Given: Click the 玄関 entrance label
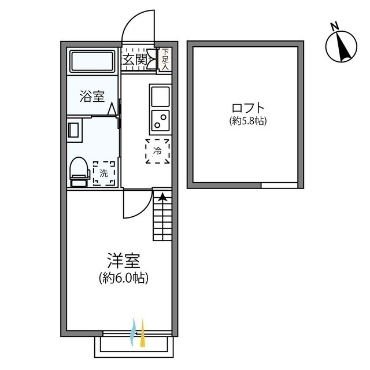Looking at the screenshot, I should click(134, 60).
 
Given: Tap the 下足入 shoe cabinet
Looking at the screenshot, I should click(165, 60).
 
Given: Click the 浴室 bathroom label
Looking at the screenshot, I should click(92, 96).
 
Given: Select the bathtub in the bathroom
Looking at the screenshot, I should click(92, 61).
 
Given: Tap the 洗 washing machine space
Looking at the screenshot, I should click(104, 172).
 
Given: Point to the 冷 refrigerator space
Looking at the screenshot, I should click(157, 151).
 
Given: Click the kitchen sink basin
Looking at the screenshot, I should click(160, 96).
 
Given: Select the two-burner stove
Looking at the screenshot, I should click(160, 120).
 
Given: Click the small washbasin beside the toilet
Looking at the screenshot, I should click(73, 129).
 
